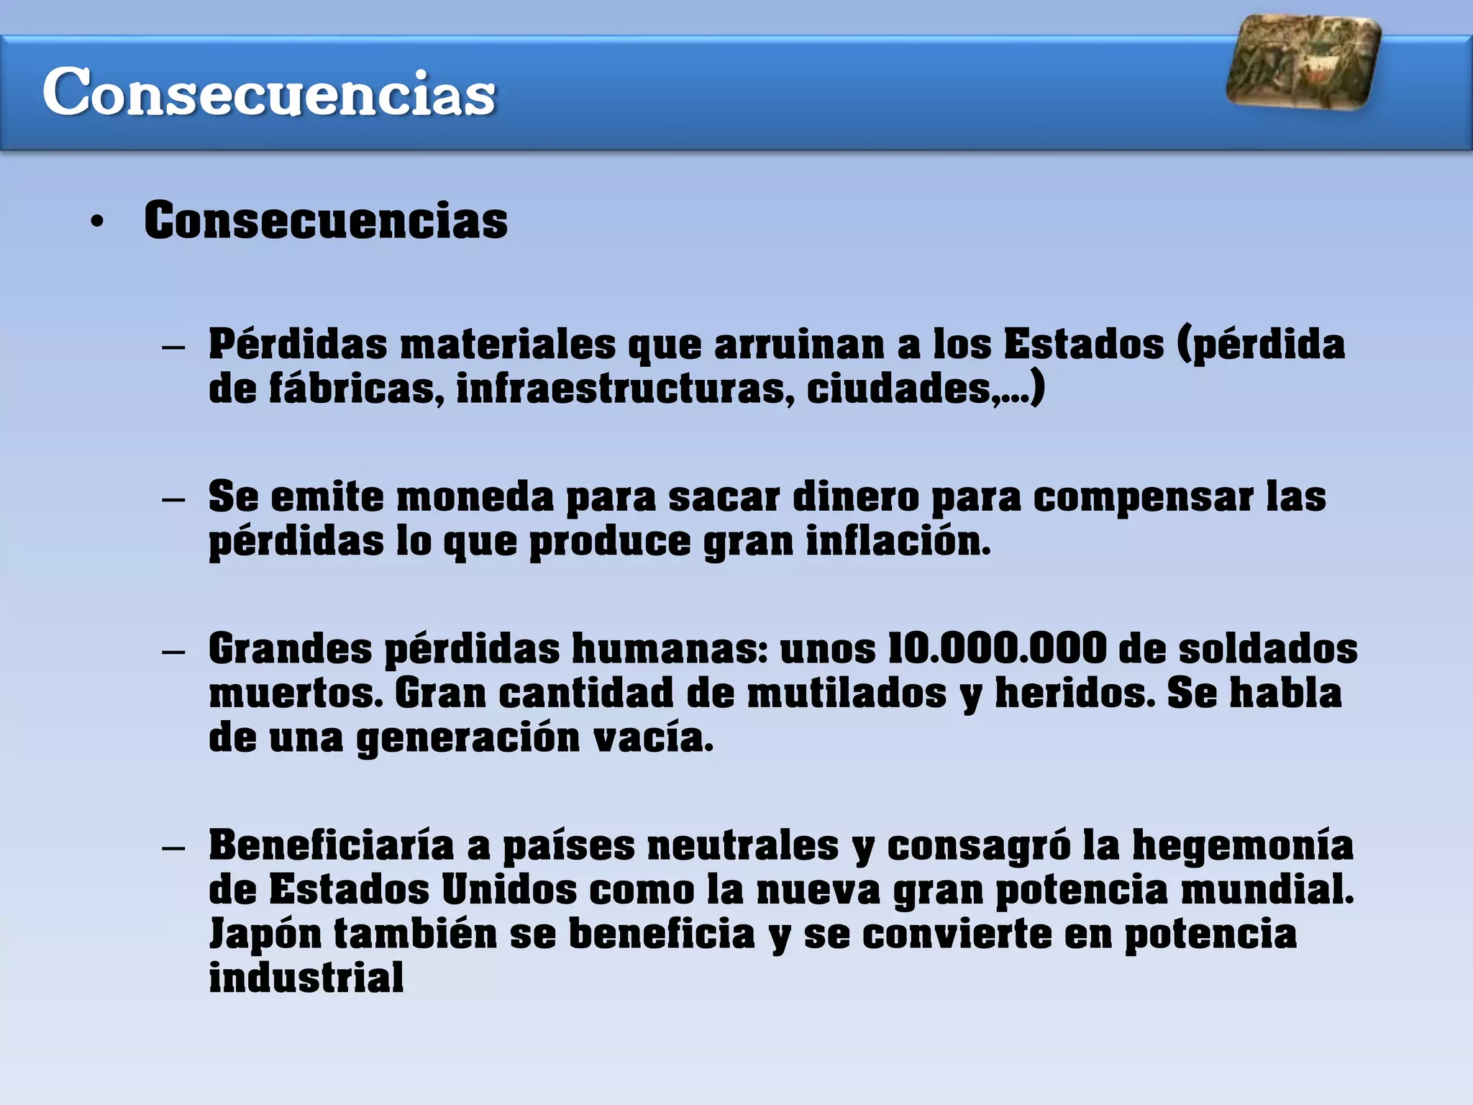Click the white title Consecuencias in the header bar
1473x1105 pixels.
point(269,92)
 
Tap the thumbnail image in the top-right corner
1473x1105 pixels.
point(1303,63)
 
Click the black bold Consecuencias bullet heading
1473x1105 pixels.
point(326,220)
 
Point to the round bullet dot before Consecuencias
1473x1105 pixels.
point(97,222)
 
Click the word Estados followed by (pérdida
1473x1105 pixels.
point(1083,344)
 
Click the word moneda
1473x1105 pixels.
point(475,497)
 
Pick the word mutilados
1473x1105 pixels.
point(847,694)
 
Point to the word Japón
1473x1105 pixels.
point(265,934)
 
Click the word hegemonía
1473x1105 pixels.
point(1242,845)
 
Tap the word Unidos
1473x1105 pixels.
point(509,890)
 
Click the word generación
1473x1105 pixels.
point(468,738)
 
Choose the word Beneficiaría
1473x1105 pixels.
point(331,845)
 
